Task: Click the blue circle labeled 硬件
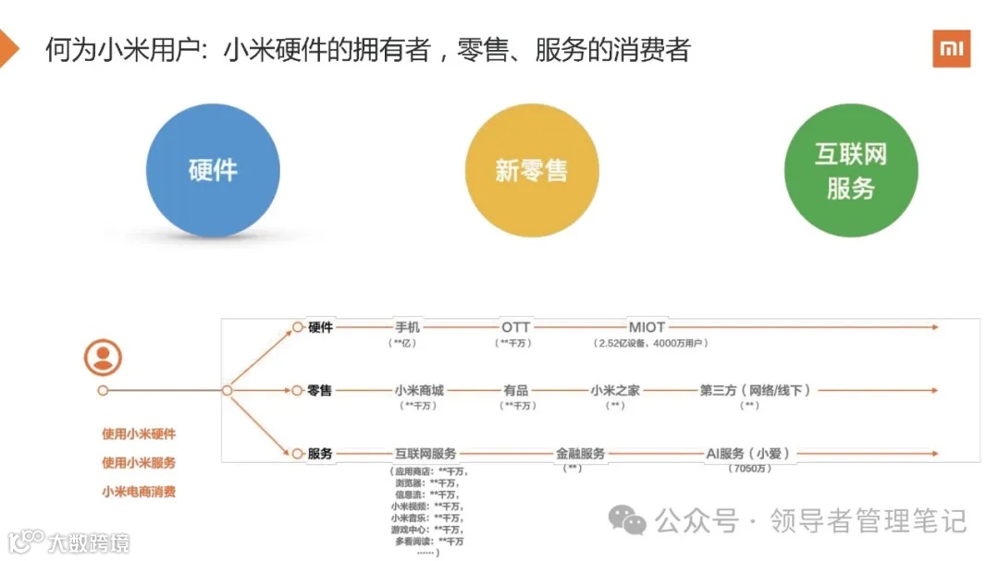(213, 170)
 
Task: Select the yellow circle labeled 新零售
(531, 170)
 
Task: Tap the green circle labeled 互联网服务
(850, 170)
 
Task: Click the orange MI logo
(951, 48)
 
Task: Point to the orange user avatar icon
(103, 357)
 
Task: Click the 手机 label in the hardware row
(407, 327)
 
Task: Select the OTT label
(516, 327)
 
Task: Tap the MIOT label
(647, 327)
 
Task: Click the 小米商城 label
(419, 390)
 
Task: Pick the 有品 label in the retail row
(516, 390)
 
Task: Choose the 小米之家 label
(615, 390)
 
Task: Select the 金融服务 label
(581, 454)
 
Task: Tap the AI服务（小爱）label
(748, 454)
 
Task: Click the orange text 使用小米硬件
(139, 433)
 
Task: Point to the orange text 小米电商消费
(139, 492)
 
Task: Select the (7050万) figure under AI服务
(748, 469)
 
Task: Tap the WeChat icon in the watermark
(632, 521)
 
